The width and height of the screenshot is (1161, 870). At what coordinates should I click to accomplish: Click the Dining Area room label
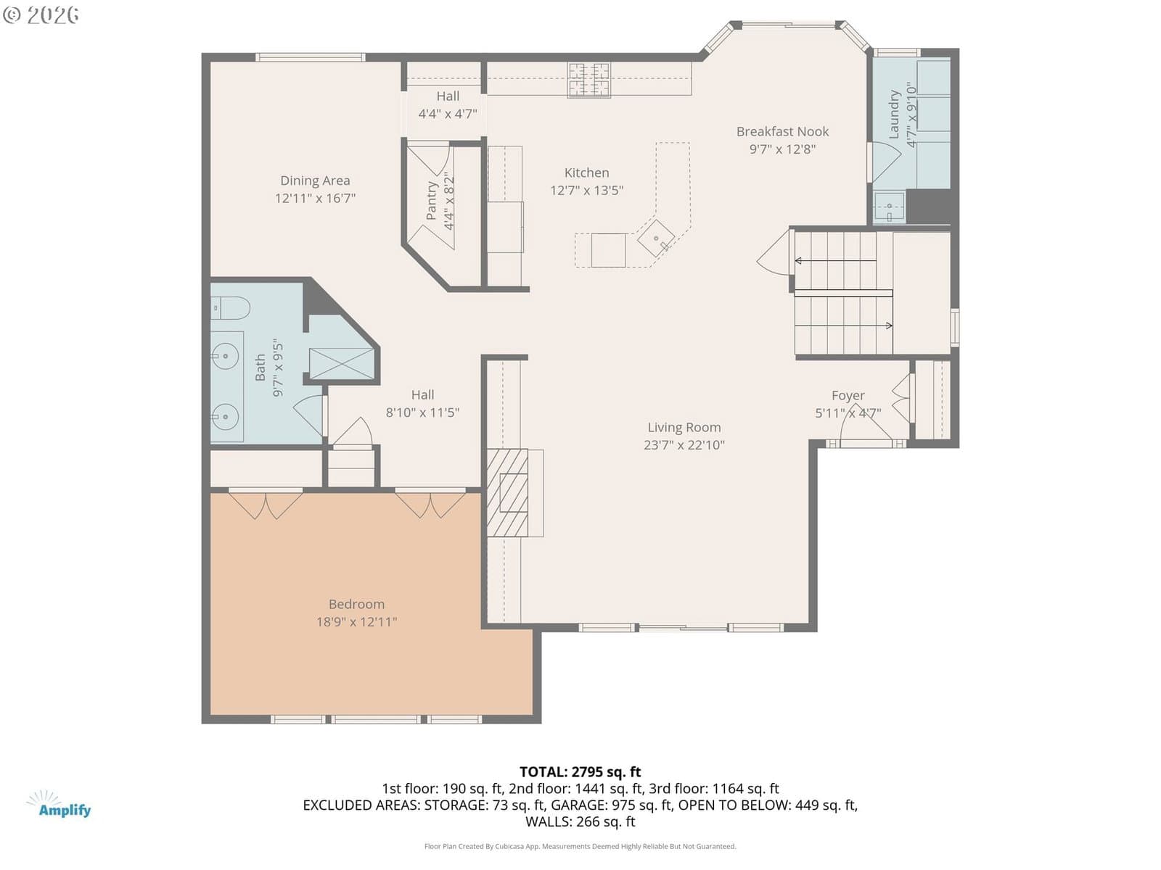pyautogui.click(x=315, y=181)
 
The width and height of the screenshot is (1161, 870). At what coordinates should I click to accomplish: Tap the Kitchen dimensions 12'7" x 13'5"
pyautogui.click(x=586, y=190)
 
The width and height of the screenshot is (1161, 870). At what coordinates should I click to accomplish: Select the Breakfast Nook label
pyautogui.click(x=782, y=131)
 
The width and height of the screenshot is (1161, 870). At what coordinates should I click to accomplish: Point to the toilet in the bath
pyautogui.click(x=230, y=308)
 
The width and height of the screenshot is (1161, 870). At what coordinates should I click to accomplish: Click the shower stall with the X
pyautogui.click(x=341, y=363)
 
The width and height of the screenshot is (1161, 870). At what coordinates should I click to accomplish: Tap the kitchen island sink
pyautogui.click(x=656, y=239)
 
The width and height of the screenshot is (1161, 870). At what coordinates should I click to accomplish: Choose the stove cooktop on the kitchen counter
pyautogui.click(x=588, y=80)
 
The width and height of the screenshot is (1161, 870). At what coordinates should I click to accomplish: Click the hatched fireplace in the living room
pyautogui.click(x=506, y=492)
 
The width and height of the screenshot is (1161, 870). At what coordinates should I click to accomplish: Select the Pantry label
pyautogui.click(x=431, y=201)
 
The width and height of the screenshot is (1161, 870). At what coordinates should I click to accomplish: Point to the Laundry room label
pyautogui.click(x=894, y=114)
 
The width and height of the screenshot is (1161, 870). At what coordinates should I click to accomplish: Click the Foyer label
pyautogui.click(x=848, y=396)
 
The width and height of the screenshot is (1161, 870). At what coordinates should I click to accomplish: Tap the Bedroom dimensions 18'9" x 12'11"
pyautogui.click(x=356, y=622)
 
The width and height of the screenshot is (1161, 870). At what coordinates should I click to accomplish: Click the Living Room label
pyautogui.click(x=684, y=427)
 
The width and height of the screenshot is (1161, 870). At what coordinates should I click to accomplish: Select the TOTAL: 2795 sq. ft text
pyautogui.click(x=580, y=771)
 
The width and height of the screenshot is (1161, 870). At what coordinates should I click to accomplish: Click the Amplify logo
pyautogui.click(x=60, y=804)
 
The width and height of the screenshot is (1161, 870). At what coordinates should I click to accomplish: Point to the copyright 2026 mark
pyautogui.click(x=41, y=14)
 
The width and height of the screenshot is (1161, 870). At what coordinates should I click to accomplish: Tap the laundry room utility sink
pyautogui.click(x=889, y=207)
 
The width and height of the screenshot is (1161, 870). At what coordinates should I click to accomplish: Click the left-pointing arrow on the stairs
pyautogui.click(x=836, y=260)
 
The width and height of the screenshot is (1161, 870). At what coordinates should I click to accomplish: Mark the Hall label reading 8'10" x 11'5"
pyautogui.click(x=422, y=404)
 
